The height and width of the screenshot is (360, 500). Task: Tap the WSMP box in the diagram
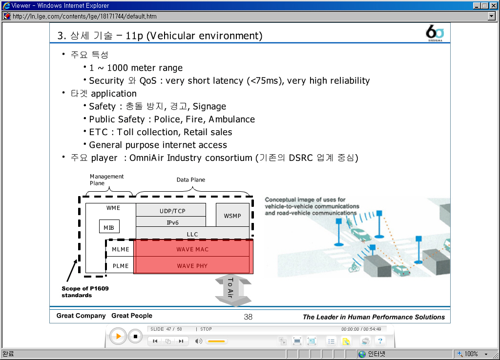click(232, 215)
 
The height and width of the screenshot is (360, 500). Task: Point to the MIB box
click(109, 226)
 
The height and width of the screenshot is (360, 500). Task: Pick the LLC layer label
click(192, 234)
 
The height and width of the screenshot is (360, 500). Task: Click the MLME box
click(120, 249)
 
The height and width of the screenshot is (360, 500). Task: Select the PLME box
click(120, 265)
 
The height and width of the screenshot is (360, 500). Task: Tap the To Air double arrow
click(233, 290)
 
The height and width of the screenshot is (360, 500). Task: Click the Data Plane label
click(191, 180)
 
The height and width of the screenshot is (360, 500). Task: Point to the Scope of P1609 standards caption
click(85, 292)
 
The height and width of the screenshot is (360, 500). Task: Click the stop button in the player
click(135, 336)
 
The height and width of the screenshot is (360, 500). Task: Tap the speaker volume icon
click(198, 341)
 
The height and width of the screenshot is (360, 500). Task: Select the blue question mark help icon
click(380, 341)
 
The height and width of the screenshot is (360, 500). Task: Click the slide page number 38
click(248, 317)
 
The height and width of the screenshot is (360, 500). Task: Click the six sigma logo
click(435, 33)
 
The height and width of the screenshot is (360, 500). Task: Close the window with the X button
click(493, 6)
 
